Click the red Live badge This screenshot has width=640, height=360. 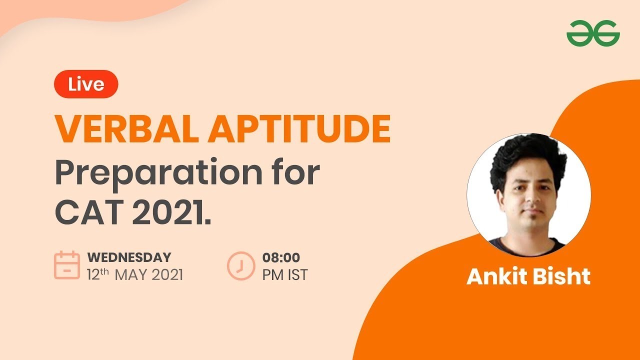(x=86, y=84)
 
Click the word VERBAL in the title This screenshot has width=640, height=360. (x=126, y=128)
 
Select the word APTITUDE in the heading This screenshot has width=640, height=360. (x=299, y=128)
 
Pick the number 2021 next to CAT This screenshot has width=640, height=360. (x=169, y=212)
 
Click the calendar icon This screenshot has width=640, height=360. (x=67, y=265)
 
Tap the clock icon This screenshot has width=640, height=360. (x=241, y=265)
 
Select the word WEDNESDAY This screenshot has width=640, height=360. (x=129, y=257)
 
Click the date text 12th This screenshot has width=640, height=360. (x=98, y=274)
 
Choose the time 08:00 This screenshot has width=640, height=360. (x=281, y=257)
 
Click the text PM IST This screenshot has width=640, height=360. (x=285, y=275)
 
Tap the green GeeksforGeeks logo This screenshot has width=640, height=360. (x=593, y=33)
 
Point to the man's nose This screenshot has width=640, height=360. (x=532, y=199)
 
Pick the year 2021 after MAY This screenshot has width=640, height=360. (x=167, y=275)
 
